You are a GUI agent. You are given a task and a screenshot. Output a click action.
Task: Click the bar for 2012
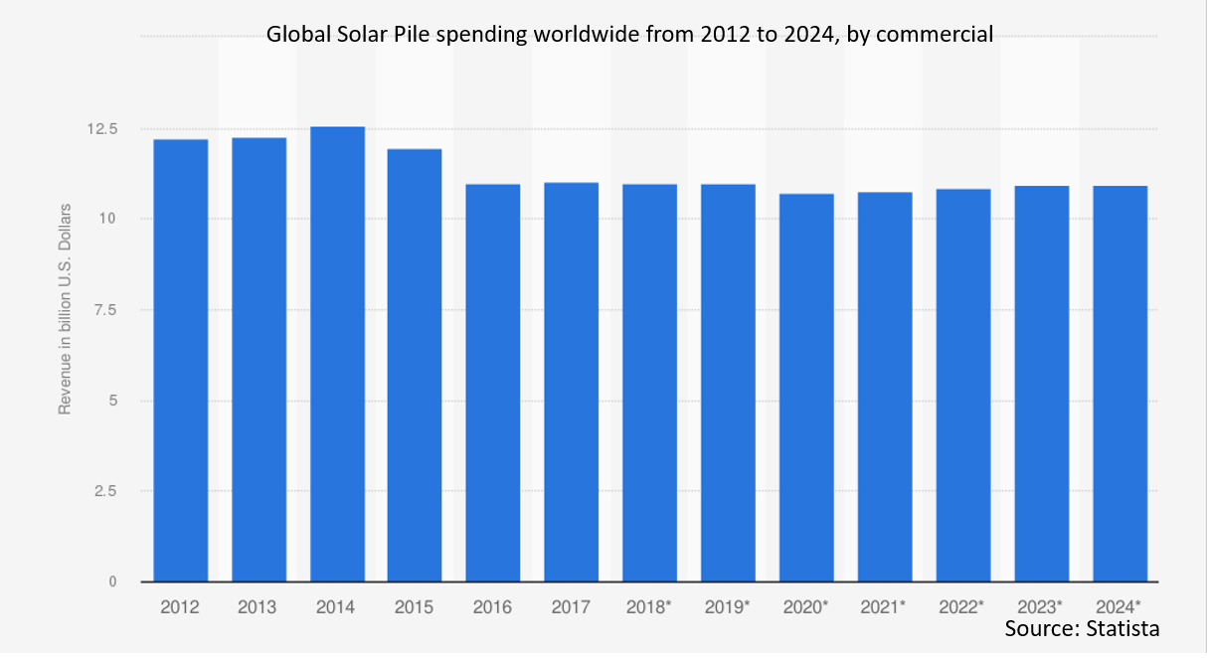point(180,360)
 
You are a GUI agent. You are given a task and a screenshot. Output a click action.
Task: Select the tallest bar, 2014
point(337,354)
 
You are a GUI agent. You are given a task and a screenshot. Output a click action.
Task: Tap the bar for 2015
point(415,365)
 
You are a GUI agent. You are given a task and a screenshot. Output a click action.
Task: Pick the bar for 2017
point(571,382)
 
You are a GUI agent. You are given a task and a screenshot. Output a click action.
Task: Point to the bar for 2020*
point(806,388)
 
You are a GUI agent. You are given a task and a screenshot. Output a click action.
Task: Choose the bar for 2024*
point(1120,384)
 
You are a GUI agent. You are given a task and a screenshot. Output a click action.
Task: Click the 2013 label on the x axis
point(258,606)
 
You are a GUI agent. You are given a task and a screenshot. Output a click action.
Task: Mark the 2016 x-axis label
point(493,606)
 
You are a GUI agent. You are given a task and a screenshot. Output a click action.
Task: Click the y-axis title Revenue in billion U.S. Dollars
point(66,308)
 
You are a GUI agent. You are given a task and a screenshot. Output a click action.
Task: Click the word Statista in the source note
point(1122,629)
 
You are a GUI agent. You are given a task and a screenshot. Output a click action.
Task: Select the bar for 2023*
point(1042,384)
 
